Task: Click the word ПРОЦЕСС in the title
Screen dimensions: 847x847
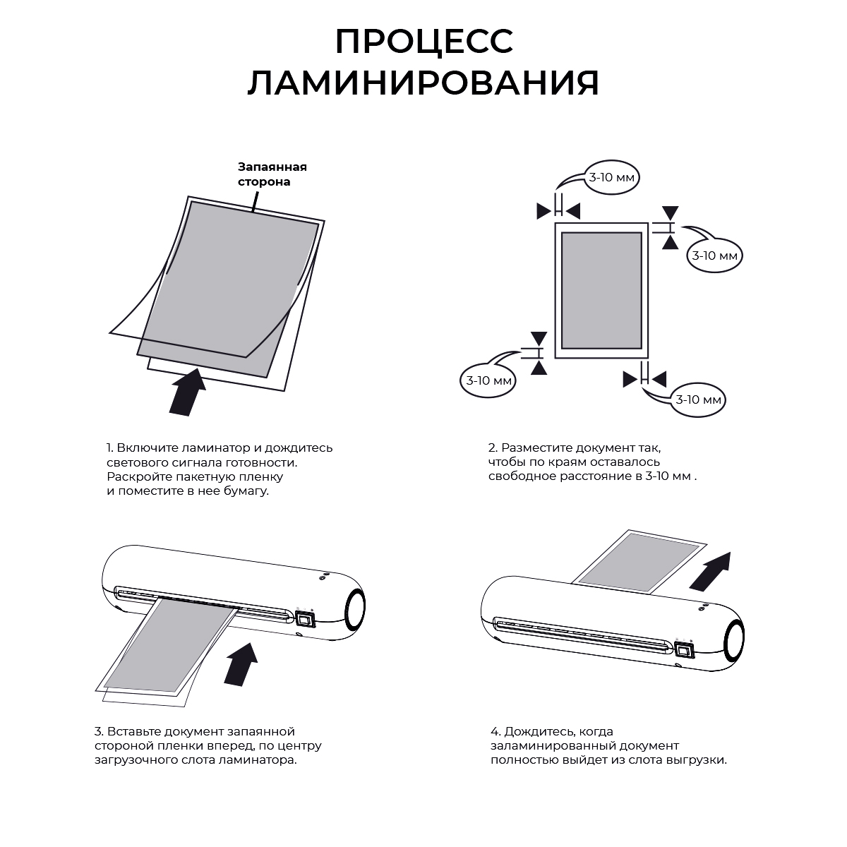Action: [424, 42]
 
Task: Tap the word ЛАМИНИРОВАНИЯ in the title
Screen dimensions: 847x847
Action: [423, 83]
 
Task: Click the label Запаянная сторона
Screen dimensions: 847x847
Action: [272, 174]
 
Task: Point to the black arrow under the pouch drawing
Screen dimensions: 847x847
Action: [188, 391]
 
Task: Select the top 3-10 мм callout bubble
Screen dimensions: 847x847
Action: [611, 178]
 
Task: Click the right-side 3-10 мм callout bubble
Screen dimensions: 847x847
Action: [714, 256]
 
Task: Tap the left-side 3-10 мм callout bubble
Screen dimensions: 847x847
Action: [488, 380]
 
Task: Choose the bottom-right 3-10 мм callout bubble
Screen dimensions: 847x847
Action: [698, 400]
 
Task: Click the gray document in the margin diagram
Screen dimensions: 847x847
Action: [601, 291]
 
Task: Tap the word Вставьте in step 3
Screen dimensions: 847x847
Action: [133, 731]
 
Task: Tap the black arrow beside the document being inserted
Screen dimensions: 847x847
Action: [241, 664]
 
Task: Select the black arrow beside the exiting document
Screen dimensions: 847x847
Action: [711, 571]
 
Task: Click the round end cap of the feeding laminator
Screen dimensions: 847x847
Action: [355, 608]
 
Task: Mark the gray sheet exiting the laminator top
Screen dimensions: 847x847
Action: [639, 562]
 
